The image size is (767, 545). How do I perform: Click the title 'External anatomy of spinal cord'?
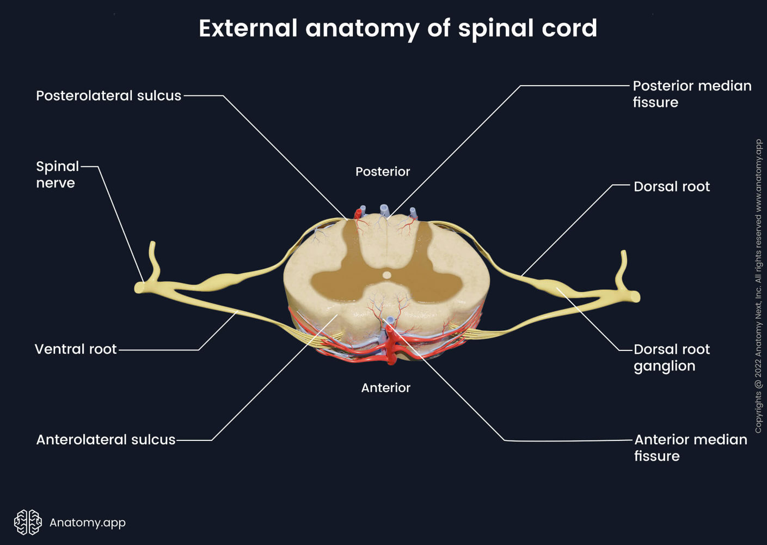(x=397, y=28)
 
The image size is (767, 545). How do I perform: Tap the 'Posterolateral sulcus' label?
(x=108, y=96)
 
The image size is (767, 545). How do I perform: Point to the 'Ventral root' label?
(x=76, y=349)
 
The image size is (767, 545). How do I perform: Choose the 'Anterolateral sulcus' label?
(x=106, y=440)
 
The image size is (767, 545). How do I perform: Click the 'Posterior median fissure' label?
(x=691, y=94)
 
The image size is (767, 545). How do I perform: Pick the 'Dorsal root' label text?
(x=671, y=187)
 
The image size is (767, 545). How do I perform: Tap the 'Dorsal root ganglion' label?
(x=671, y=358)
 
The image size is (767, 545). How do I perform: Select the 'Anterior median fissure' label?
(x=690, y=447)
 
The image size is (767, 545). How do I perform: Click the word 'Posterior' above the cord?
(x=383, y=172)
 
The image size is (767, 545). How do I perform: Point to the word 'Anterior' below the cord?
(x=385, y=388)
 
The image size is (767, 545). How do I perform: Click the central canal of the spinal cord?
(x=386, y=275)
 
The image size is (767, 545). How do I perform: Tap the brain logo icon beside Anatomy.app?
(x=28, y=522)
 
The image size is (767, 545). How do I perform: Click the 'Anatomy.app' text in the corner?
(x=88, y=523)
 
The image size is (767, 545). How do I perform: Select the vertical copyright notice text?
(x=758, y=286)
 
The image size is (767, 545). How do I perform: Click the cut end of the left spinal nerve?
(x=139, y=287)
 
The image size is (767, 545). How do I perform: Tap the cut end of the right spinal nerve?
(x=636, y=297)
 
